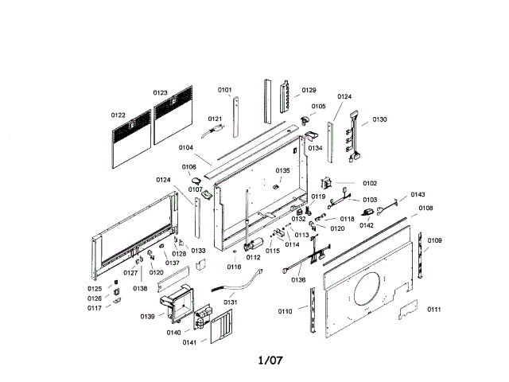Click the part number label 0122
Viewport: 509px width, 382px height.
[119, 115]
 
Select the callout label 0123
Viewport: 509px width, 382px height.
[161, 93]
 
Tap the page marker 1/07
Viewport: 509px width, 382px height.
[270, 361]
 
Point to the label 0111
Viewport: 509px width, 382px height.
[434, 309]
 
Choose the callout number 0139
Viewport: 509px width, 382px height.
[148, 317]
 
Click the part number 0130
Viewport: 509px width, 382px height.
[379, 119]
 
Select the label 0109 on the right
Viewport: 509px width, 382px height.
[435, 240]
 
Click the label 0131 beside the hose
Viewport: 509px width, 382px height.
[230, 302]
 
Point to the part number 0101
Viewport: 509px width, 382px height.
[225, 90]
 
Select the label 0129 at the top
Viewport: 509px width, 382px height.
[309, 90]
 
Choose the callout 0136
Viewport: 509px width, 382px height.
[298, 279]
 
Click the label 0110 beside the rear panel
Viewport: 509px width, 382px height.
[286, 310]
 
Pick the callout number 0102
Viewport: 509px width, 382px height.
[370, 184]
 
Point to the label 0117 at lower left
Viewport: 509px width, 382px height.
[95, 308]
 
